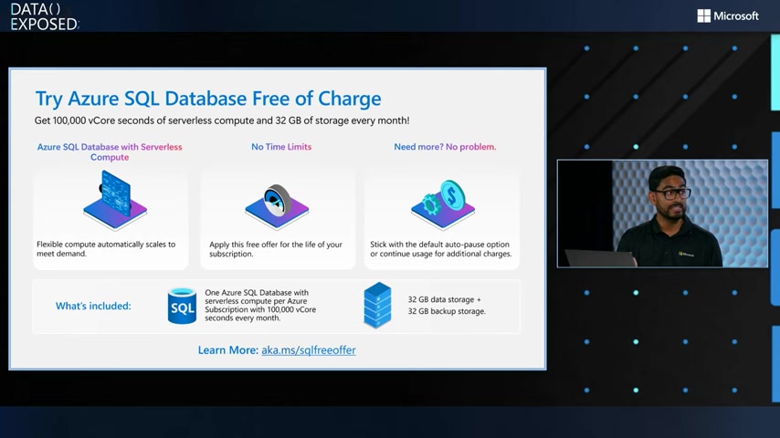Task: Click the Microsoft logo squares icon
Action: [x=703, y=16]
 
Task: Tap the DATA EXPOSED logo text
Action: [x=44, y=16]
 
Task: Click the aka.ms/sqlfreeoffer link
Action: [x=309, y=350]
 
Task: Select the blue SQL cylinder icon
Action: [x=182, y=306]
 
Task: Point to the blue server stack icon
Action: [x=377, y=306]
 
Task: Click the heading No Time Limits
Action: [x=281, y=147]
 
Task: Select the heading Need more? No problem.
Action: [x=445, y=147]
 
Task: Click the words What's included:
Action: [x=93, y=306]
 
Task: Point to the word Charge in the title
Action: [x=349, y=99]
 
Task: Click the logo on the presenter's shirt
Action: [x=686, y=254]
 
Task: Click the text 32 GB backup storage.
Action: [x=447, y=311]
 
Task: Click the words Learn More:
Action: [x=227, y=350]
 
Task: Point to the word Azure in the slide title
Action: [x=93, y=99]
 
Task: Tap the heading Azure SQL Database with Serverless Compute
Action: [x=110, y=151]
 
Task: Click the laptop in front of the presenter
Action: [x=600, y=258]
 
